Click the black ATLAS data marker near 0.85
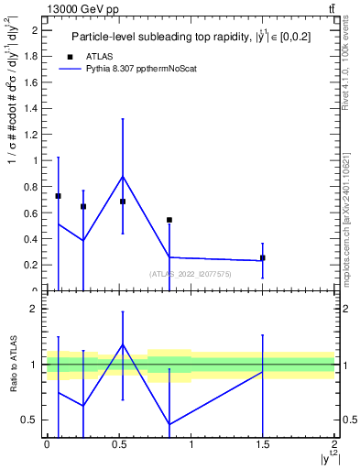click(x=169, y=220)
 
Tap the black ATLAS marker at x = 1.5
click(x=263, y=258)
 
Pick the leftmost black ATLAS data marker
click(x=58, y=196)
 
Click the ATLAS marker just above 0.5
click(x=123, y=202)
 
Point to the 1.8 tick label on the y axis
click(x=32, y=56)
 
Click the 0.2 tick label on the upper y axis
click(x=32, y=265)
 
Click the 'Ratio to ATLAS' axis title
click(x=13, y=365)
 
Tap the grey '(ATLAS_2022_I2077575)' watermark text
click(x=191, y=273)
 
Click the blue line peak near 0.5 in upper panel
click(x=123, y=176)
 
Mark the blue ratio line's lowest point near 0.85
click(x=169, y=424)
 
